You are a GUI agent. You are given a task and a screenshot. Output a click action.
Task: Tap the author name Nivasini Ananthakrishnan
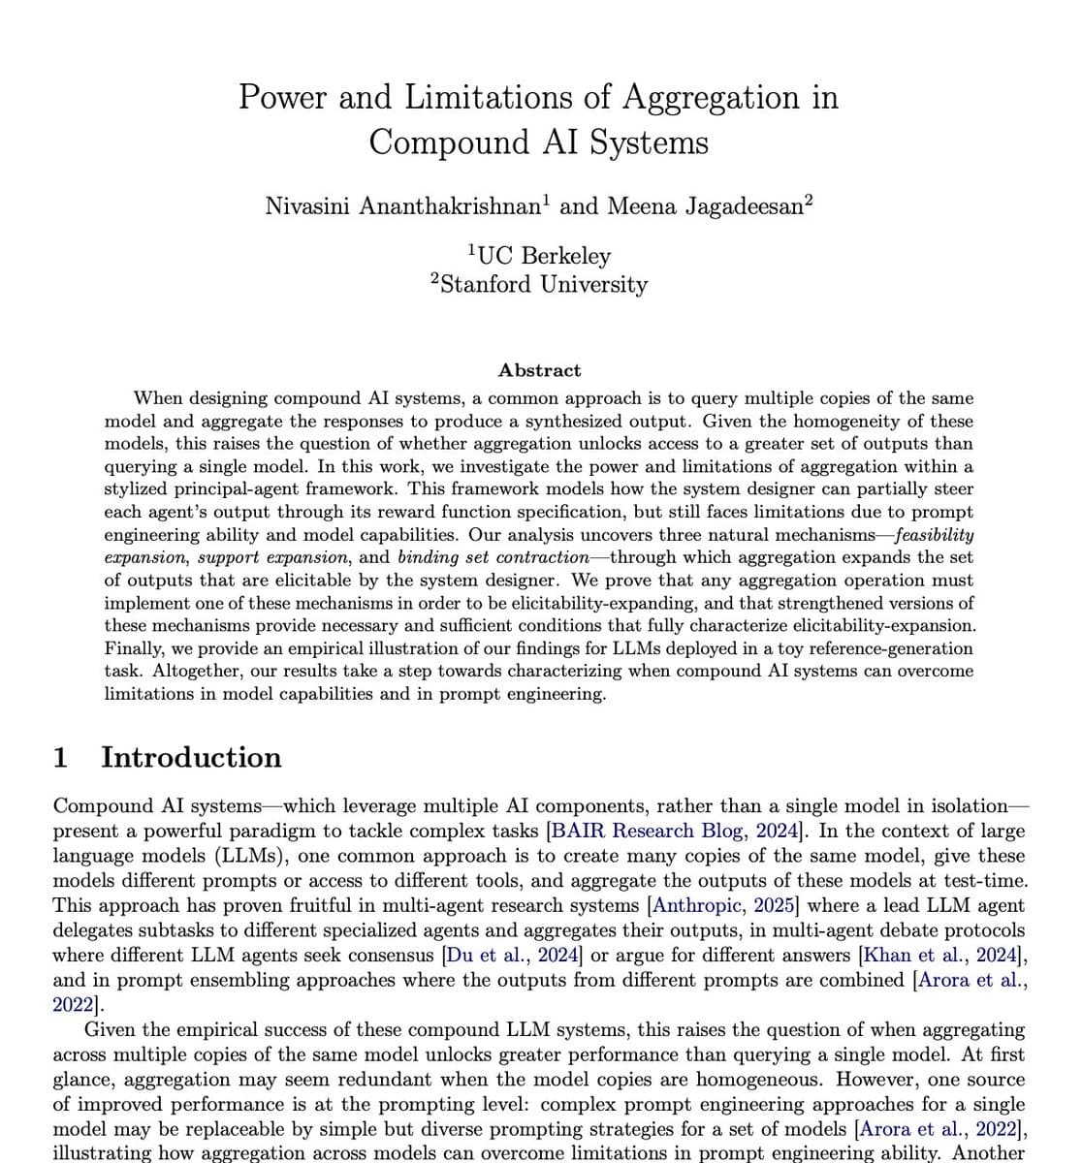pos(403,206)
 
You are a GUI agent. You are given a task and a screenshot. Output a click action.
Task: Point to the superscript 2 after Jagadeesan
pos(809,201)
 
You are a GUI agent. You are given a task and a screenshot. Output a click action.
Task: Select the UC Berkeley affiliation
pos(543,256)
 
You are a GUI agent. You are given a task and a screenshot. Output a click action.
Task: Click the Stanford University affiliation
pos(543,285)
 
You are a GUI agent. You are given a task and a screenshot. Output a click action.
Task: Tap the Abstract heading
pos(539,370)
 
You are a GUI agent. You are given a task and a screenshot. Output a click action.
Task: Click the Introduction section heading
pos(191,757)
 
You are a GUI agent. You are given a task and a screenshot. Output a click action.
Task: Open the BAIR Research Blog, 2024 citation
pos(675,831)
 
